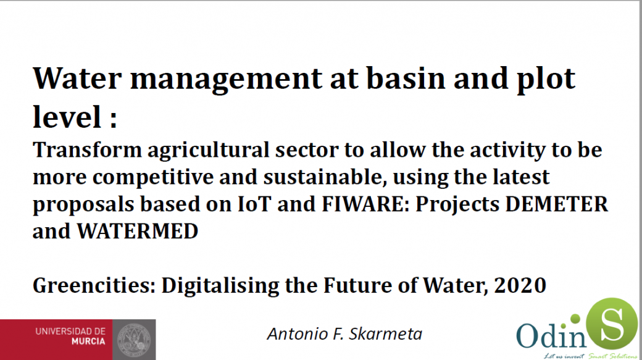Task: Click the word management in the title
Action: click(227, 80)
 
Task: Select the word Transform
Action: click(87, 149)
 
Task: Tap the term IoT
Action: click(254, 204)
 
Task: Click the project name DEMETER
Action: click(557, 204)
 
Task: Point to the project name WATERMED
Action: click(138, 232)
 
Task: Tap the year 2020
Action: click(520, 285)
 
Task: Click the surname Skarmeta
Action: click(385, 334)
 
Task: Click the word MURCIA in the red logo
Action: click(88, 341)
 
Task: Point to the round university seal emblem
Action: click(134, 340)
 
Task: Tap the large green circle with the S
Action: click(612, 324)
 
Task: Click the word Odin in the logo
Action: click(551, 336)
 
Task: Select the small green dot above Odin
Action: click(575, 319)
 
